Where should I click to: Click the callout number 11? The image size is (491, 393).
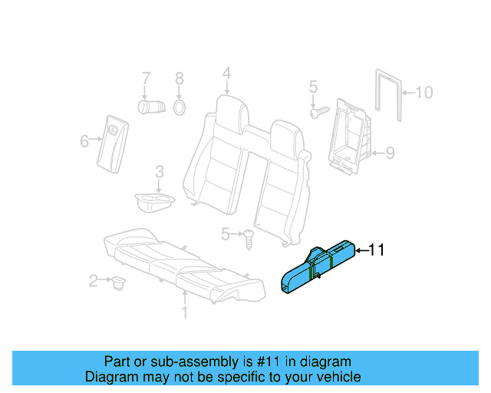(377, 249)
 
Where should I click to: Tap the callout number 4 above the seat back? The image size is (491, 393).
(226, 74)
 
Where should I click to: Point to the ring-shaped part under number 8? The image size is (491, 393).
(179, 106)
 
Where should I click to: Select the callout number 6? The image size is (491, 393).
(84, 140)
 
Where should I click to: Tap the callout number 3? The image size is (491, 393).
(158, 171)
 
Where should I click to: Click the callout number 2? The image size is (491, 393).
(94, 281)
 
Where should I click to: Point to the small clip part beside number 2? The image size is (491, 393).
(117, 283)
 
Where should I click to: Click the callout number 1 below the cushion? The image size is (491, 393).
(184, 312)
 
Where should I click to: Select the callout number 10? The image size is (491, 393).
(424, 93)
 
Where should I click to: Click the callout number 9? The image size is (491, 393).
(390, 154)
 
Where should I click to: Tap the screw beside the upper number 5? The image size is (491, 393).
(318, 112)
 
